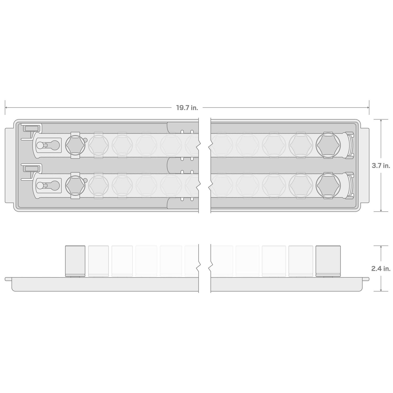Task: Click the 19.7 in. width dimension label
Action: pos(187,108)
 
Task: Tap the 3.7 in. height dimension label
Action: pos(381,166)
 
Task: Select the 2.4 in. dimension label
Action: pos(381,269)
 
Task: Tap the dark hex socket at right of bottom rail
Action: pos(329,185)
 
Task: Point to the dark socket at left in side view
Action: pos(75,261)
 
